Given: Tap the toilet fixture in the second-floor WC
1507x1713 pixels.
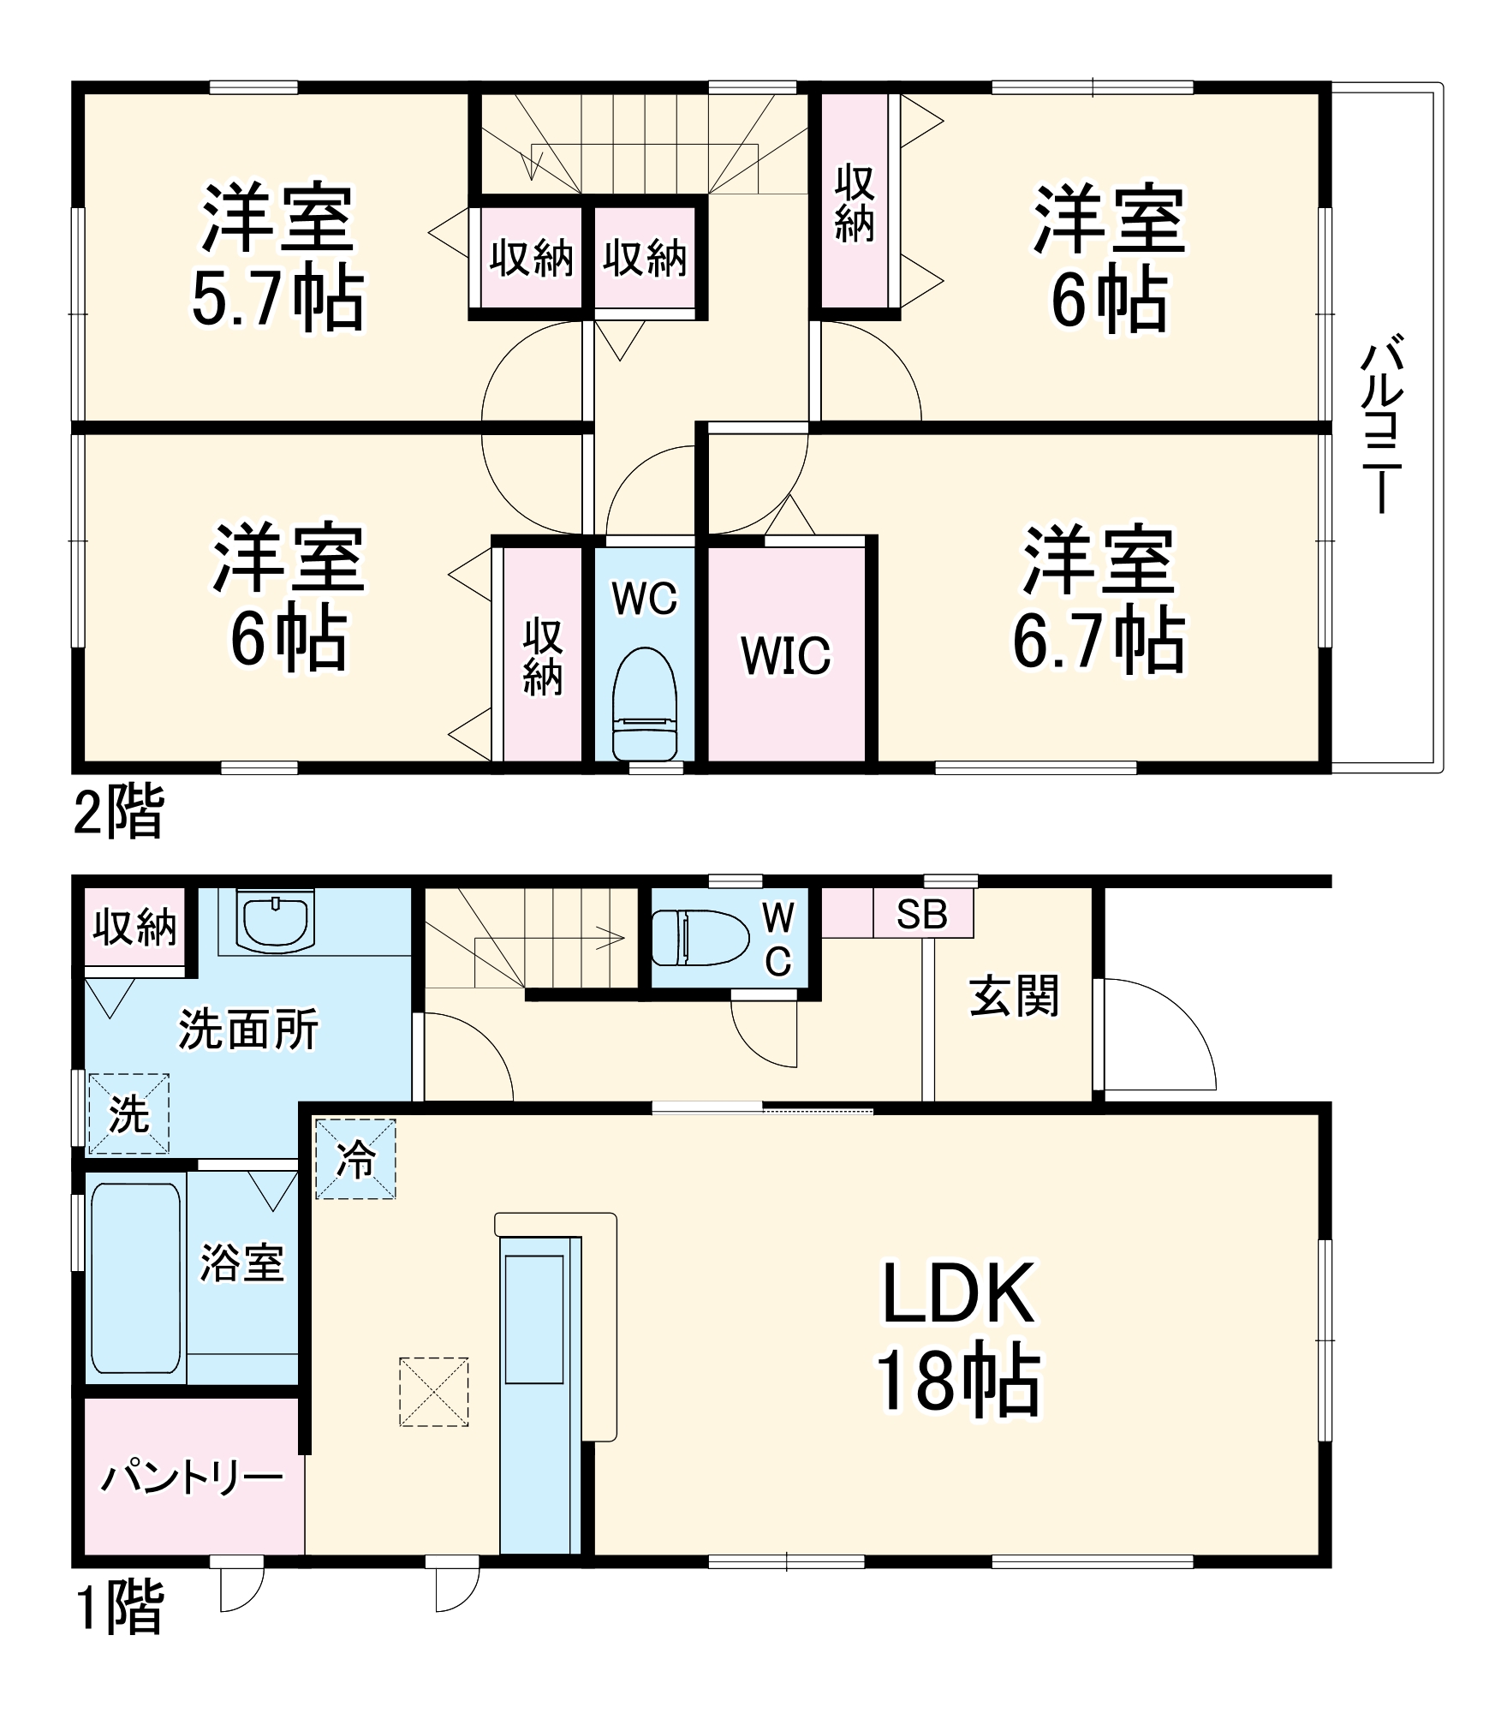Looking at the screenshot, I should (645, 704).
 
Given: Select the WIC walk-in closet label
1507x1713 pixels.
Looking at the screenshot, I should (785, 656).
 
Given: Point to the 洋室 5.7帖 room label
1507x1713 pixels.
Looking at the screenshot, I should (277, 257).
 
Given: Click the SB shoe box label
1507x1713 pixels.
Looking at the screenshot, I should (921, 916).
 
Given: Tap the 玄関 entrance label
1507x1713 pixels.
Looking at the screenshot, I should (1014, 996).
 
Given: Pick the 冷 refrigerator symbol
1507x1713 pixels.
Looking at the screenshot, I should (355, 1160).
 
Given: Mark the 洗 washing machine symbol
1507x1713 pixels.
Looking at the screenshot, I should (128, 1114).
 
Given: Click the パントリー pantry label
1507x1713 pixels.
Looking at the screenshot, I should (192, 1477).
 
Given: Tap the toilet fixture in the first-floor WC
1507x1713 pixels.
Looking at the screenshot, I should (700, 938).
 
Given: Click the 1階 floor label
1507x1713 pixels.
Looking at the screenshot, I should (119, 1608).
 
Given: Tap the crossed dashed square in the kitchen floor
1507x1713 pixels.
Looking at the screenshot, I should (433, 1392).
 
